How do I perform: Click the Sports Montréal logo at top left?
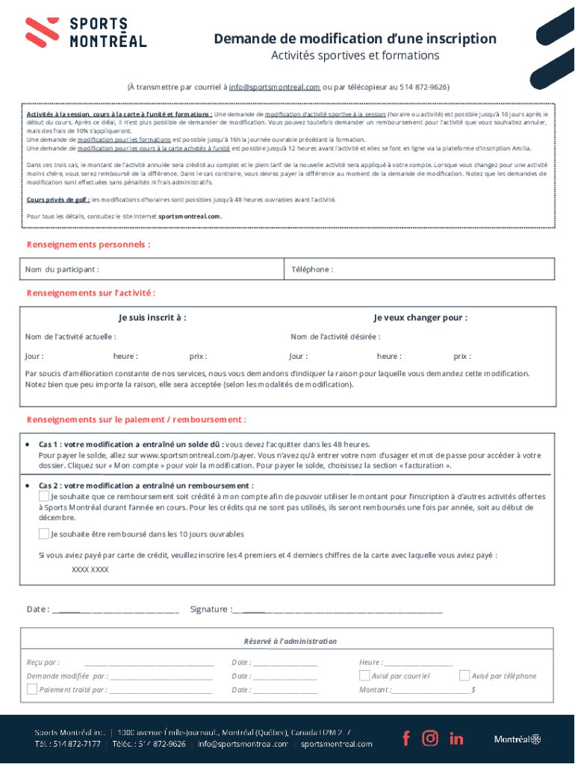coord(86,32)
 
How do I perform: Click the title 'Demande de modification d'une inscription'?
coord(355,39)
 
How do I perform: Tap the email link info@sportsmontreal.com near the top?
coord(274,87)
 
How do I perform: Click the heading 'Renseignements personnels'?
coord(88,245)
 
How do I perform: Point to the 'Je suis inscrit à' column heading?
coord(152,318)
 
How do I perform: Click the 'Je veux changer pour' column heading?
coord(420,318)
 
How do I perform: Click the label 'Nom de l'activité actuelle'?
coord(70,337)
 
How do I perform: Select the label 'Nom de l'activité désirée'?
coord(335,337)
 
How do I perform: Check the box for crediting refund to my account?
coord(44,496)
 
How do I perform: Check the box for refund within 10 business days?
coord(44,533)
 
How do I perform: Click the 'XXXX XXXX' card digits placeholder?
coord(90,569)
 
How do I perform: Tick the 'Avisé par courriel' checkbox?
coord(364,675)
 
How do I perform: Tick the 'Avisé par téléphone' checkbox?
coord(464,675)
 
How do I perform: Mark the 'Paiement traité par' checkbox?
coord(32,689)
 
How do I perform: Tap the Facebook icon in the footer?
coord(406,739)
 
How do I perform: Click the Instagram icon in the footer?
coord(430,739)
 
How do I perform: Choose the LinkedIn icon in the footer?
coord(456,739)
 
